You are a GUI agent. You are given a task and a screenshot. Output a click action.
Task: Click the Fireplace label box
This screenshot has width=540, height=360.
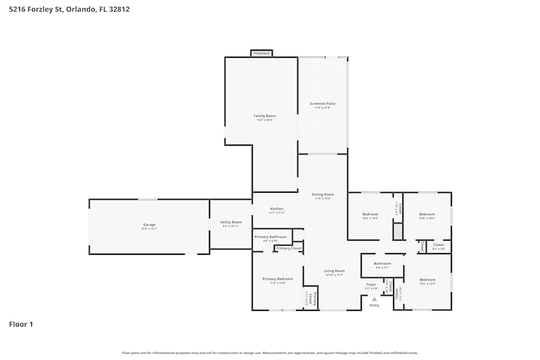(261, 53)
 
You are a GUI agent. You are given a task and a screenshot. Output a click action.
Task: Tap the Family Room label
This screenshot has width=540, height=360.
(265, 116)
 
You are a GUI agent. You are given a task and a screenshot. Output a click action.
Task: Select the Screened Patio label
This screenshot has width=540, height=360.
(322, 104)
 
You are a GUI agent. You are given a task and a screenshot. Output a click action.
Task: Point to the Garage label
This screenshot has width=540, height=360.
(149, 225)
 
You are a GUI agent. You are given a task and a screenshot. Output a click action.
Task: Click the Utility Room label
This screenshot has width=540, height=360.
(231, 222)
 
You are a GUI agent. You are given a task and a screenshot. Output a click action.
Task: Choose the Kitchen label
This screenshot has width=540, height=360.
(276, 209)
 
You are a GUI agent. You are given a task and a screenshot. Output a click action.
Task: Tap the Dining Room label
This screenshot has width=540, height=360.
(323, 194)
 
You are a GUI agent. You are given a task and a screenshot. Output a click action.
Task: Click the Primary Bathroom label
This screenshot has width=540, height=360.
(271, 237)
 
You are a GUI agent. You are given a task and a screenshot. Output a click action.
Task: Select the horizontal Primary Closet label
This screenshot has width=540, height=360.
(289, 248)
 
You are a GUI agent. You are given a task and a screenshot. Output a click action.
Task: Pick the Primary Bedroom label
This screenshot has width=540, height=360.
(278, 279)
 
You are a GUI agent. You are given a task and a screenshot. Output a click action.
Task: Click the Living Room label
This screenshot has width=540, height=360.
(334, 271)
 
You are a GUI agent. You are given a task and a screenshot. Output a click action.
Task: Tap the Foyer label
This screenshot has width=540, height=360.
(371, 284)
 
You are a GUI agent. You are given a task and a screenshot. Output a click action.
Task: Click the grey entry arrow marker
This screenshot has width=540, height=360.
(374, 298)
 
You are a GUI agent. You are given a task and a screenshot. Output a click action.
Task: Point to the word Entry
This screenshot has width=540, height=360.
(374, 305)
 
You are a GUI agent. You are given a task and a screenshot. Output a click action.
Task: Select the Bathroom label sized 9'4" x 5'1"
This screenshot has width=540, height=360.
(382, 264)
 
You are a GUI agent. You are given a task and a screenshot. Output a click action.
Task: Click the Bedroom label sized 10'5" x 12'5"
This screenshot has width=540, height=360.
(427, 280)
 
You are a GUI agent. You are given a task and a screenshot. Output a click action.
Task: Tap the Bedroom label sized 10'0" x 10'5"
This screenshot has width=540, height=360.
(370, 214)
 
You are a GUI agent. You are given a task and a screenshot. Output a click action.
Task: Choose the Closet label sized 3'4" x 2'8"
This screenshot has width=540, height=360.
(438, 245)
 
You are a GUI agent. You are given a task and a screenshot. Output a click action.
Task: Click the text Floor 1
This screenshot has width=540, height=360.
(21, 324)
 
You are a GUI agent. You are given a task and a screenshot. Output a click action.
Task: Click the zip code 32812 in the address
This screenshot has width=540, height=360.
(118, 9)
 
